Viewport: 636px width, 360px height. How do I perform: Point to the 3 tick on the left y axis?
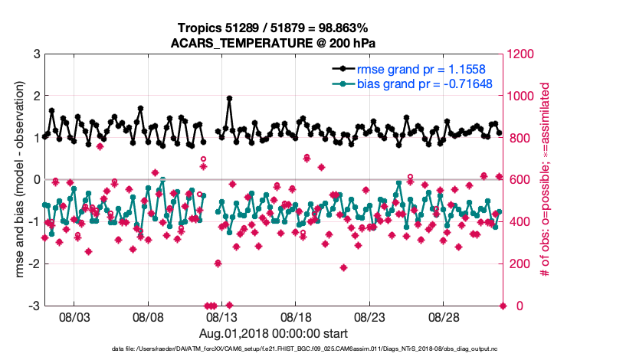[x=35, y=54]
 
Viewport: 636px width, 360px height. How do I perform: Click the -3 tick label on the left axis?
[x=33, y=306]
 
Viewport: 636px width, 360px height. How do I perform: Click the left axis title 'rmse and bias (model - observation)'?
[x=16, y=180]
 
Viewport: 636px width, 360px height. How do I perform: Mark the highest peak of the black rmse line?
[x=229, y=99]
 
